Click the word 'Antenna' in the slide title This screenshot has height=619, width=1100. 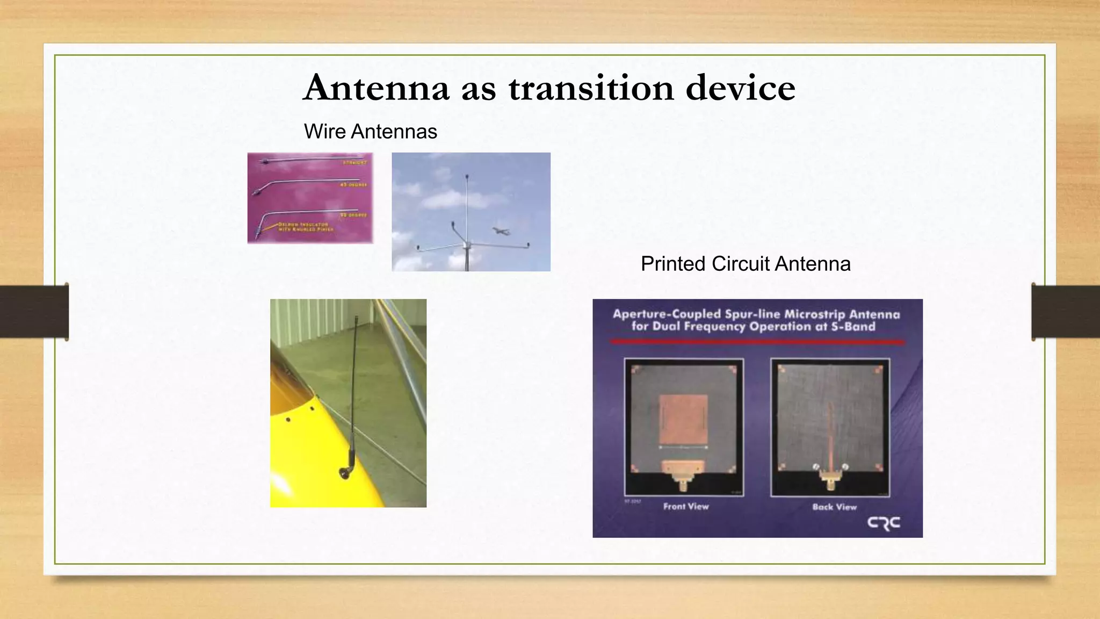point(376,87)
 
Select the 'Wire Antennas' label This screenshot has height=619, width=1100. point(370,132)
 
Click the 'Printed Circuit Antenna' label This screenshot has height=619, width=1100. point(746,264)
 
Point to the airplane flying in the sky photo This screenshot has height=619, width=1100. point(501,231)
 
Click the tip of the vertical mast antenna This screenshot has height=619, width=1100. point(467,176)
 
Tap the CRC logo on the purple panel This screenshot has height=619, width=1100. point(884,523)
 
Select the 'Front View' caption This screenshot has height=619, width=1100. point(686,506)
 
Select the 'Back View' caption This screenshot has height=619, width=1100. point(834,507)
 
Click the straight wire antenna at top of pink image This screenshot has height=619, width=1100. point(312,159)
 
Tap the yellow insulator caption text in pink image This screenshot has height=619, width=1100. point(305,227)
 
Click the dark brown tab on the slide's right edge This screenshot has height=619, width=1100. point(1066,312)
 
